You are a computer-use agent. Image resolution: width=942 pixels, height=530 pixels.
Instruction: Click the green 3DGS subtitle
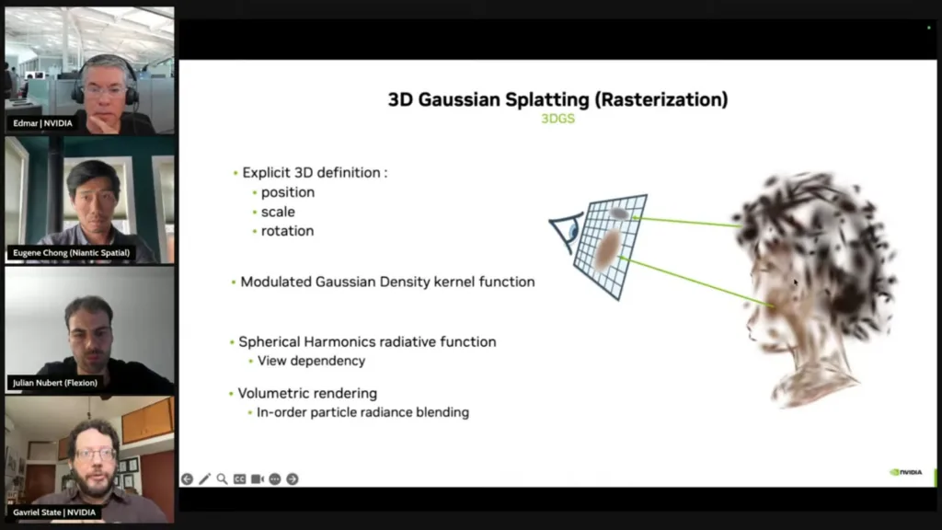click(x=558, y=119)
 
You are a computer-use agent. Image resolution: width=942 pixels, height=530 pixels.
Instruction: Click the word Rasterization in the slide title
click(x=661, y=99)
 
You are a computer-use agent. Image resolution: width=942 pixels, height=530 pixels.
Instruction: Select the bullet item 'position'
click(x=288, y=192)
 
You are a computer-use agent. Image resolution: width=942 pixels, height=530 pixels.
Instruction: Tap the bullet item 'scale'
click(x=278, y=212)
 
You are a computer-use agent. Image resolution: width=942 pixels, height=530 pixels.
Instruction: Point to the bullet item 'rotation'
click(x=287, y=231)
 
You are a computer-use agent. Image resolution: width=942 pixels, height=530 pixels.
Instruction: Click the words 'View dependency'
click(x=311, y=361)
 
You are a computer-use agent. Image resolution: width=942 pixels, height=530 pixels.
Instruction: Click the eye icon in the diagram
click(x=567, y=231)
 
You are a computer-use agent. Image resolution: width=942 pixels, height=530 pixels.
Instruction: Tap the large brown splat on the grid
click(x=607, y=249)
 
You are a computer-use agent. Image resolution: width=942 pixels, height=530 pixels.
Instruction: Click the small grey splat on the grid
click(x=619, y=213)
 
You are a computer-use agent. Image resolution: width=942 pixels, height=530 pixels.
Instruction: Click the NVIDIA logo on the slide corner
click(x=906, y=472)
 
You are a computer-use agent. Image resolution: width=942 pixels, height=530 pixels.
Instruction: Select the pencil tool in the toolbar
click(x=205, y=478)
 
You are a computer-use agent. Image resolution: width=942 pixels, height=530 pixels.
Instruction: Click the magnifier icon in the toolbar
click(x=223, y=478)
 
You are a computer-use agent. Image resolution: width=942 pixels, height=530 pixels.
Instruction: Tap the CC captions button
click(x=240, y=478)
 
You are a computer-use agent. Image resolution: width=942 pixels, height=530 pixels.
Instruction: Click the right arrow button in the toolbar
click(x=293, y=478)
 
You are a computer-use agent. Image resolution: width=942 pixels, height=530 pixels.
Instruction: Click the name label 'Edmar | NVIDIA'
click(x=42, y=123)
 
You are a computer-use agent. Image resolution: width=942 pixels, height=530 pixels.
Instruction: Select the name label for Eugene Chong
click(x=72, y=253)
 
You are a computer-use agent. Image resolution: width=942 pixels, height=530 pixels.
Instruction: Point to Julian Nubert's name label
click(x=55, y=383)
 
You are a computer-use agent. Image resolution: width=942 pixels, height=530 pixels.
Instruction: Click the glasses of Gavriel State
click(x=96, y=455)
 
